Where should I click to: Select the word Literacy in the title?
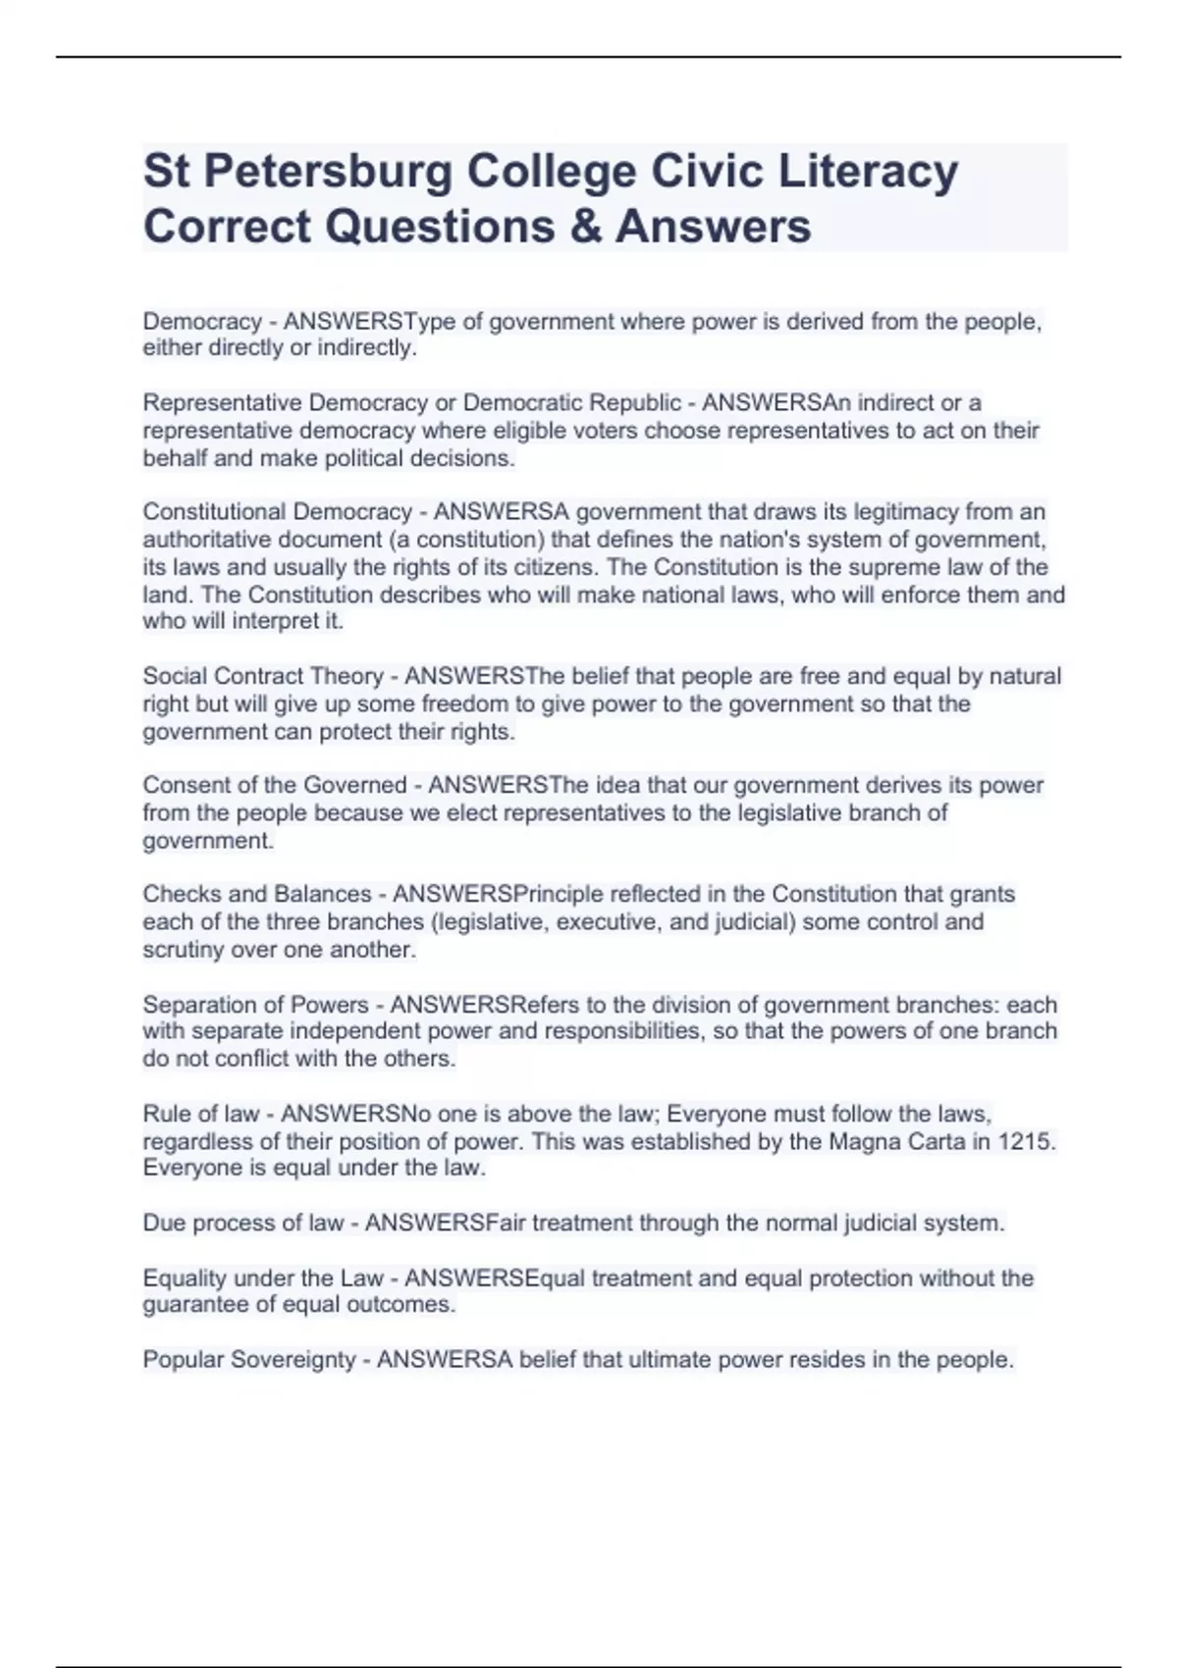coord(868,172)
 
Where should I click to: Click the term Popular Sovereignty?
coord(249,1360)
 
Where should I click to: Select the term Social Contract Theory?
coord(263,676)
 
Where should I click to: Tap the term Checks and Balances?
coord(257,894)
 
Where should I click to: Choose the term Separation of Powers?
coord(255,1005)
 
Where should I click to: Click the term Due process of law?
coord(243,1224)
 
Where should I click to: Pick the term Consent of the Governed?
coord(275,785)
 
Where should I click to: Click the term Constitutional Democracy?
coord(278,512)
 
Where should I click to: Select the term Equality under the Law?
coord(263,1278)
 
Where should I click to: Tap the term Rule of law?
coord(201,1115)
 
